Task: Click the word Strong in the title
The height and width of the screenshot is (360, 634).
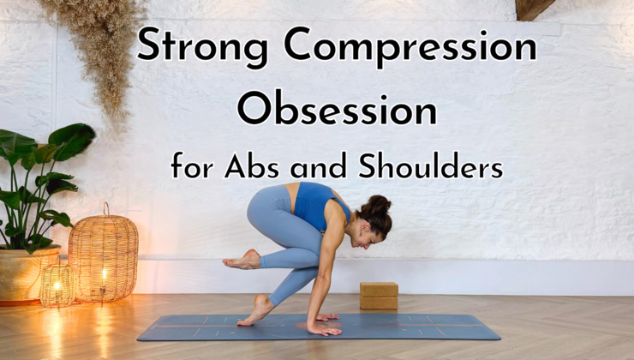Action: click(x=190, y=45)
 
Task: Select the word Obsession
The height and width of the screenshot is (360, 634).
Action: click(x=337, y=109)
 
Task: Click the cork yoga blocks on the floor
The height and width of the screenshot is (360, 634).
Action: click(x=378, y=296)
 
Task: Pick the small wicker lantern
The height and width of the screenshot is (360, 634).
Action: click(x=57, y=286)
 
